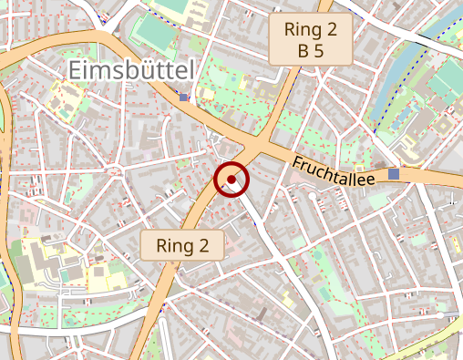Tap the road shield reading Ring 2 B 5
(311, 40)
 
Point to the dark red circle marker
(231, 180)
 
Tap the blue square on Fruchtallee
(394, 174)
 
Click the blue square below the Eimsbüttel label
(184, 97)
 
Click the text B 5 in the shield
(311, 51)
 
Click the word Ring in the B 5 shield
(300, 29)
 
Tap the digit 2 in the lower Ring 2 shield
(204, 245)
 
